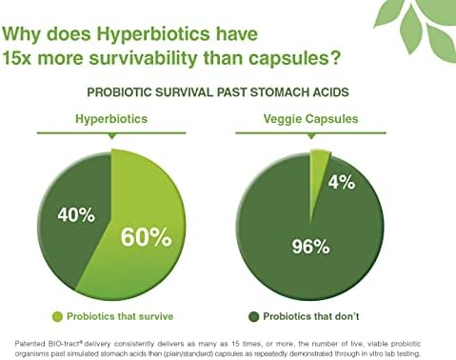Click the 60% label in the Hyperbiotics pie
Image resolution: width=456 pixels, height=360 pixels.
tap(147, 237)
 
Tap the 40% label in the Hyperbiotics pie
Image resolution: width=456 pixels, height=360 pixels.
tap(76, 215)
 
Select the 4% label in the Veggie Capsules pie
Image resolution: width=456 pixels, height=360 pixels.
tap(342, 183)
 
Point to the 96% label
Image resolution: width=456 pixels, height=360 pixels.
tap(310, 247)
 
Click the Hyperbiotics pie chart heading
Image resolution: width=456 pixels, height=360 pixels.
tap(111, 119)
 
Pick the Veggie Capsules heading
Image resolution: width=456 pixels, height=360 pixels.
tap(310, 119)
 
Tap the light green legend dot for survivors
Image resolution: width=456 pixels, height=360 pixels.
tap(57, 317)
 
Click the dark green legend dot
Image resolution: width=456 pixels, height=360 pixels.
tap(254, 317)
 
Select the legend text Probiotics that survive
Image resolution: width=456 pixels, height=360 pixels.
tap(120, 316)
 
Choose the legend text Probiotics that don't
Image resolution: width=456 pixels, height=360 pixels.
tap(311, 316)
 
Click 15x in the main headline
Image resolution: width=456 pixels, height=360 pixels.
tap(16, 58)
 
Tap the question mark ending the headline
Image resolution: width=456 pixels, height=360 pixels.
tap(335, 58)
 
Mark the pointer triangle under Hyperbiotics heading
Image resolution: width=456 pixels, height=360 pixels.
tap(111, 136)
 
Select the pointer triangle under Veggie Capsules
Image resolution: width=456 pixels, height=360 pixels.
tap(311, 136)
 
